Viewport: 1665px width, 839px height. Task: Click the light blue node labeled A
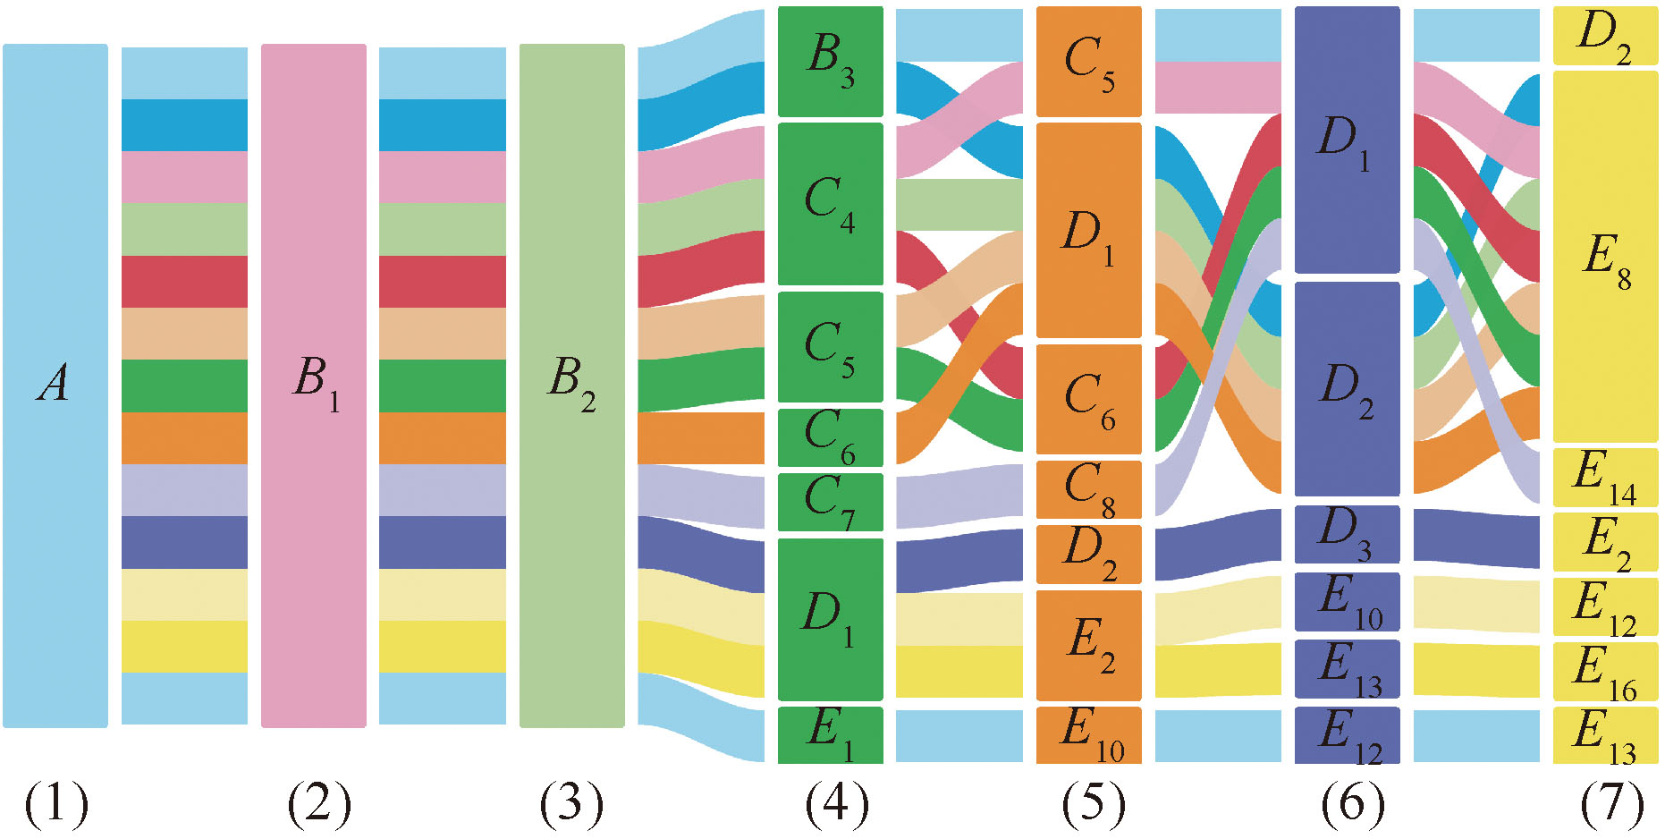tap(55, 385)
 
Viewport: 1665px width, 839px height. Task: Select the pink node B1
tap(313, 385)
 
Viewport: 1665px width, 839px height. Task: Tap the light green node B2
tap(571, 385)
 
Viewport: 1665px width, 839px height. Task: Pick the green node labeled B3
tap(830, 61)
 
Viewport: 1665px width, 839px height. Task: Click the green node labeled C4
tap(830, 203)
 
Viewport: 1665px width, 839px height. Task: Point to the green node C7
tap(830, 502)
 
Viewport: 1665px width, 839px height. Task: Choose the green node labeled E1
tap(830, 734)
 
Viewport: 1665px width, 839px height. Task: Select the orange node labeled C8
tap(1088, 489)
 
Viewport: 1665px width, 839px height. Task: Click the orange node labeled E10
tap(1088, 734)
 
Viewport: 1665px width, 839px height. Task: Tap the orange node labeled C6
tap(1088, 399)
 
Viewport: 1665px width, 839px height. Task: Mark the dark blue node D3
tap(1347, 534)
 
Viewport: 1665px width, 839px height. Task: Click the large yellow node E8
tap(1605, 257)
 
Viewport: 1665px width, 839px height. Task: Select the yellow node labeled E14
tap(1605, 477)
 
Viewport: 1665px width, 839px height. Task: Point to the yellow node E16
tap(1605, 671)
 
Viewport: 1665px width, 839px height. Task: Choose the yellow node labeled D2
tap(1605, 36)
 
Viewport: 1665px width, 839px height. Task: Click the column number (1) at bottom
tap(56, 802)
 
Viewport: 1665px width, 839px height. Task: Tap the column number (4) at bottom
tap(836, 802)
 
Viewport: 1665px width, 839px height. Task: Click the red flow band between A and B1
tap(184, 281)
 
